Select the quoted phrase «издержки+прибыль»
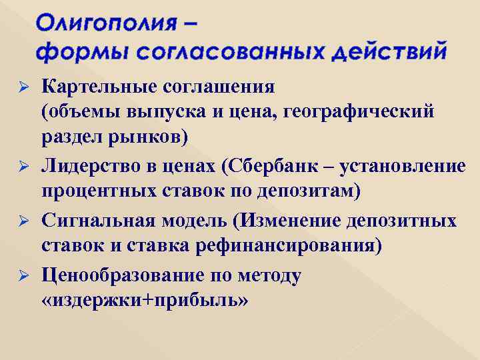(x=145, y=301)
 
